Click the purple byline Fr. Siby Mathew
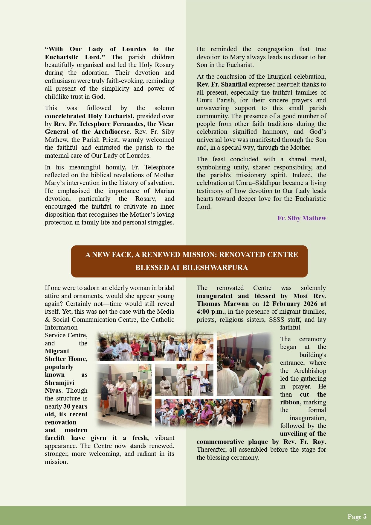301,218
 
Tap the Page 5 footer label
357,517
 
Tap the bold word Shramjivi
59,383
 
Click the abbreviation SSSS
277,320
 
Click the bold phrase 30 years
75,406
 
